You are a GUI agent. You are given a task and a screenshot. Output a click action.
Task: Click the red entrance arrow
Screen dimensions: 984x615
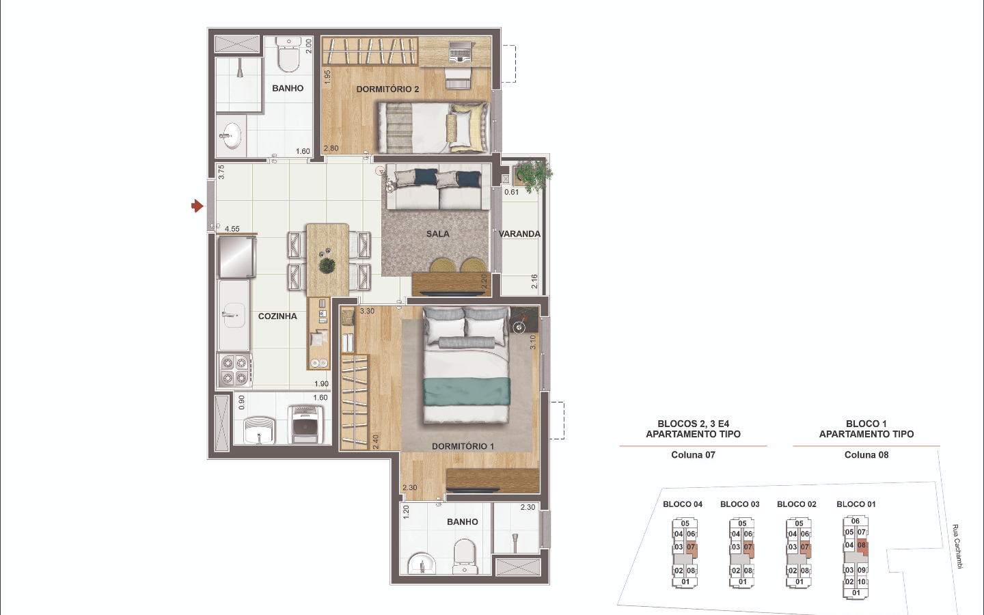[x=197, y=206]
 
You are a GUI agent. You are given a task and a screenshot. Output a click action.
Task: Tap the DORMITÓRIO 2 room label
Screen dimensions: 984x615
[x=387, y=89]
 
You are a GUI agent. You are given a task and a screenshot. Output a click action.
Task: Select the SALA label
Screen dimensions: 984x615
[x=437, y=234]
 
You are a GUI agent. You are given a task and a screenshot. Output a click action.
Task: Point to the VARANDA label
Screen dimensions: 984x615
[x=519, y=234]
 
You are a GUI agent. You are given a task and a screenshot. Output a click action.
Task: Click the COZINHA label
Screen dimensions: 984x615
[x=277, y=316]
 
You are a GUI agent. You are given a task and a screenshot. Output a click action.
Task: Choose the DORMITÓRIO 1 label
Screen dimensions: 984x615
[x=463, y=446]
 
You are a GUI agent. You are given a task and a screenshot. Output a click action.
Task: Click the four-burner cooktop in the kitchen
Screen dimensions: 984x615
[x=234, y=370]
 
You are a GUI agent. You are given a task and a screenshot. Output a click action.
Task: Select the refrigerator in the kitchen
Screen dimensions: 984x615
[x=236, y=257]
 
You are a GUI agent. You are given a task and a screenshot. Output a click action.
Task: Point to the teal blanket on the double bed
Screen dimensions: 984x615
[x=467, y=392]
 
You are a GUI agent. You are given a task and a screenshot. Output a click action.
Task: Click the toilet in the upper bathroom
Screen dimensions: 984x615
[x=288, y=55]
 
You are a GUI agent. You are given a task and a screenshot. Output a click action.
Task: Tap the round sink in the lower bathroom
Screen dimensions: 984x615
[x=422, y=564]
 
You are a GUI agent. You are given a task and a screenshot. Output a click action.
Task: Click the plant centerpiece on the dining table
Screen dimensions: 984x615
[x=327, y=265]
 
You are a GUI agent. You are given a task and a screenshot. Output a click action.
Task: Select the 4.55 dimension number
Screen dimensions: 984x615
[x=232, y=229]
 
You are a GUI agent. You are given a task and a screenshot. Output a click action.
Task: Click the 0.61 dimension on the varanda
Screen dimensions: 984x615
[x=511, y=192]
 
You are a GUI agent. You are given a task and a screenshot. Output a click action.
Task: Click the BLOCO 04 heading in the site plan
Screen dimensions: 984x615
[x=683, y=504]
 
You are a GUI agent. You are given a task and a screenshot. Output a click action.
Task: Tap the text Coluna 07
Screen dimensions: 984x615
[x=693, y=455]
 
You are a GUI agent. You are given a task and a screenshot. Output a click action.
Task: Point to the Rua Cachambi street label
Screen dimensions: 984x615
[x=957, y=547]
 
